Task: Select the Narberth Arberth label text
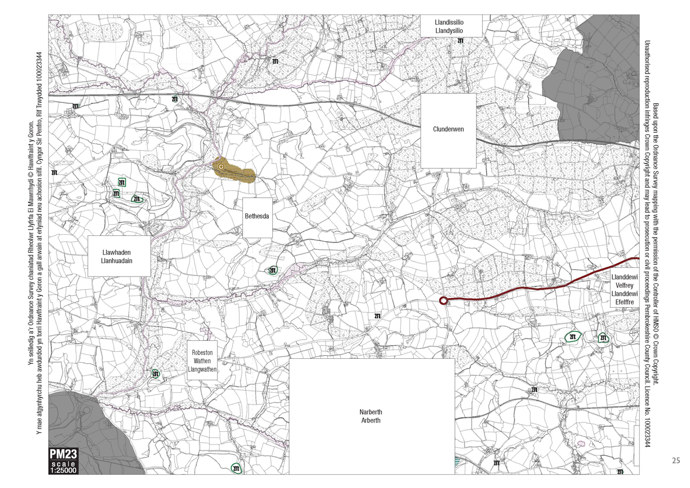pos(370,417)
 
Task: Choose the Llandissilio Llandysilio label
pos(451,26)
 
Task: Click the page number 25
pos(676,461)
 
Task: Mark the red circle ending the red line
pos(443,300)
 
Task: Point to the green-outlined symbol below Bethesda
pos(272,270)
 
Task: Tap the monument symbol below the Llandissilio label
pos(461,42)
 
